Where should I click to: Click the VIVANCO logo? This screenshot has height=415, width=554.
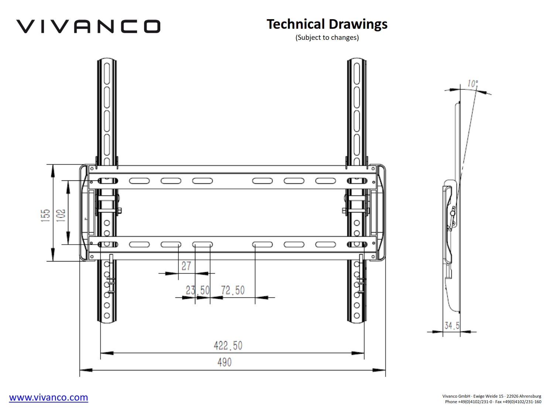[88, 26]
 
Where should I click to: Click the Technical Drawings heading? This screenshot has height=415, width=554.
[327, 24]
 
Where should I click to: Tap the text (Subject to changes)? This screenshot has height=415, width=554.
[327, 38]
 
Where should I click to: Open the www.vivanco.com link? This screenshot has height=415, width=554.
[48, 397]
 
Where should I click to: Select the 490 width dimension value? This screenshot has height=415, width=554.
[225, 362]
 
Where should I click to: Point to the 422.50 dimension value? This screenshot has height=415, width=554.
[228, 345]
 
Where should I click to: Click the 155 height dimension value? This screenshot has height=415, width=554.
[45, 215]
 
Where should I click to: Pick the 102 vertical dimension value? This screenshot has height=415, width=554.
[61, 215]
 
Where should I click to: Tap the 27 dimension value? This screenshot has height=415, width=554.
[186, 266]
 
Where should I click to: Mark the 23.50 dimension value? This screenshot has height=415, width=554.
[198, 290]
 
